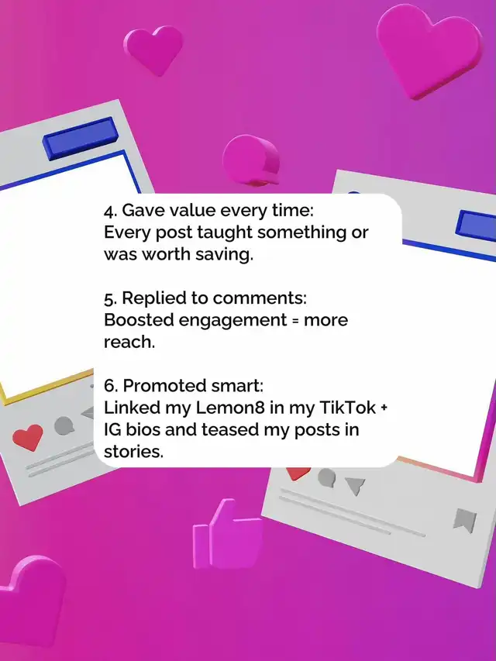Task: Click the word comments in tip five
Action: click(260, 298)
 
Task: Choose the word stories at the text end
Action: click(133, 452)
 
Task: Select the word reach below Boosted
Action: click(129, 342)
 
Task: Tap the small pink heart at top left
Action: click(154, 50)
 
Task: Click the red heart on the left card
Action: click(27, 437)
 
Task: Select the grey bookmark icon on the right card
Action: click(465, 520)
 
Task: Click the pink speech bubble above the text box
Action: click(251, 160)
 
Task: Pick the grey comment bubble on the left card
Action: click(64, 425)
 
